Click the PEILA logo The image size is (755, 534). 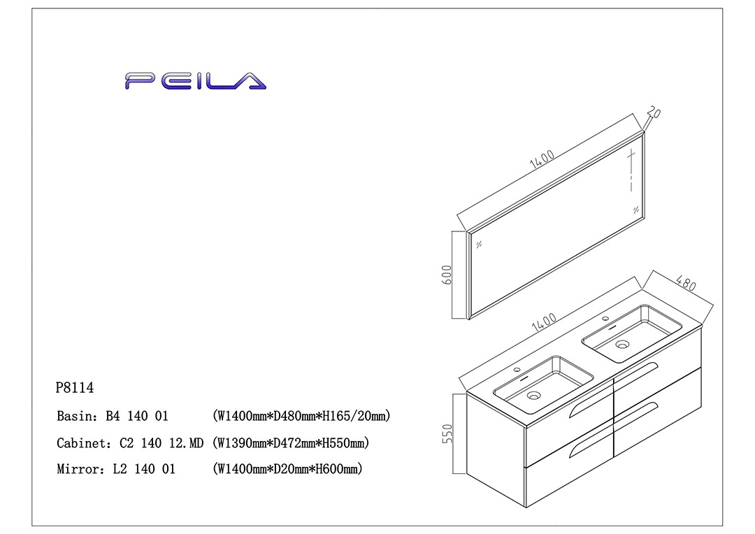[196, 81]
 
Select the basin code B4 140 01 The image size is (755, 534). [137, 416]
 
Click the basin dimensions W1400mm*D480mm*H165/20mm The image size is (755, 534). [301, 416]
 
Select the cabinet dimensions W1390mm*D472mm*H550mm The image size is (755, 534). [290, 443]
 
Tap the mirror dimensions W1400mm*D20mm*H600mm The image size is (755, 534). [287, 470]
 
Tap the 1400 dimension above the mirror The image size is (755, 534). [542, 159]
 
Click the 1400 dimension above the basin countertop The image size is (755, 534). [544, 324]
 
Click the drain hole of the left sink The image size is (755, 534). [534, 396]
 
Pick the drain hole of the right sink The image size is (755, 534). [622, 344]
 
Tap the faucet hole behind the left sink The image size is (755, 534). [519, 370]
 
